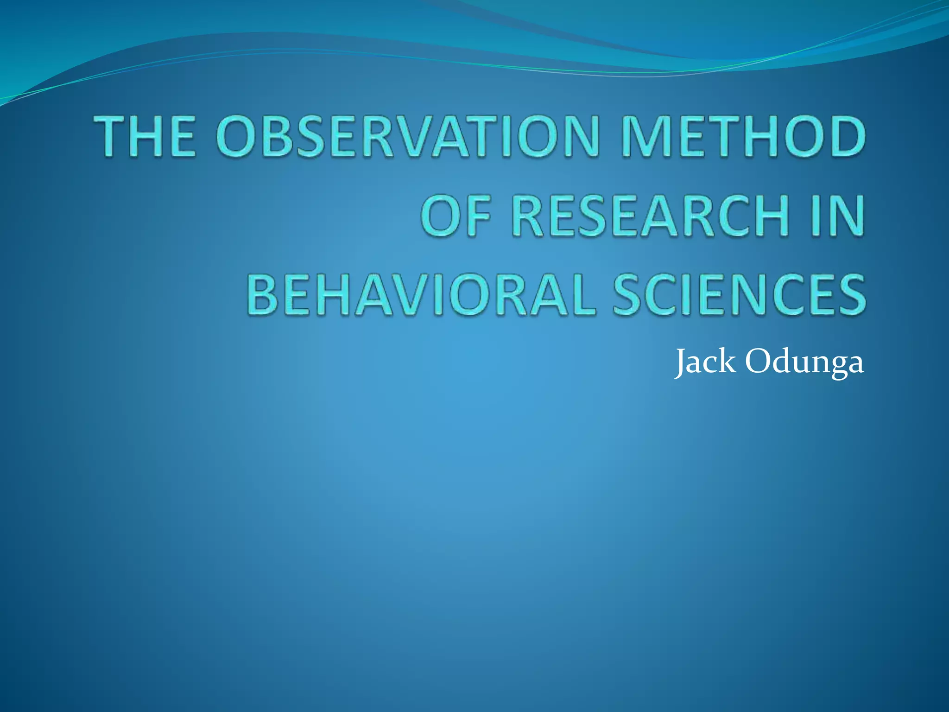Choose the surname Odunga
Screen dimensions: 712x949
[804, 362]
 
